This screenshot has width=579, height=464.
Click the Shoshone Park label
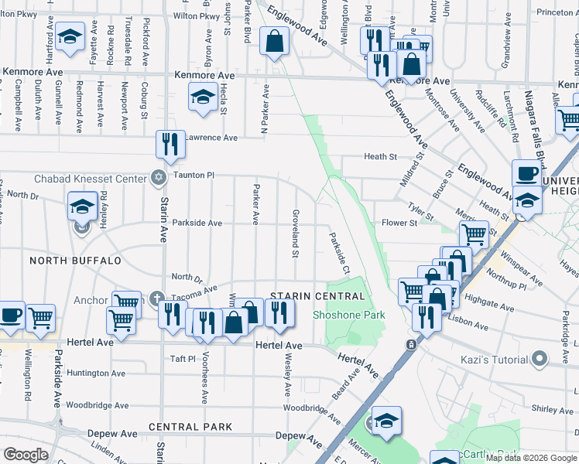(348, 315)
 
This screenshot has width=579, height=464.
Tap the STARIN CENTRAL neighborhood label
(317, 297)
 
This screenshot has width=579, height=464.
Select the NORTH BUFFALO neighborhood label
(75, 261)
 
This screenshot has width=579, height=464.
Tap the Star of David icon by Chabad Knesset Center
(158, 178)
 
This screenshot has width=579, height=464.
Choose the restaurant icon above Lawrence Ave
(170, 145)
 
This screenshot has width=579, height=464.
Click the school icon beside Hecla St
(203, 97)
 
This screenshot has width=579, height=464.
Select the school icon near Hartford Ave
(70, 36)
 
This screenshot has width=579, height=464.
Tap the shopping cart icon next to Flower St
(474, 233)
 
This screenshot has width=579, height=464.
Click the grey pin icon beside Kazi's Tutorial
(540, 358)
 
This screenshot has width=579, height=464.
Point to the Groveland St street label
(295, 233)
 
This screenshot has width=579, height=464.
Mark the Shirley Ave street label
(550, 408)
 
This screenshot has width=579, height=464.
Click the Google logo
(26, 455)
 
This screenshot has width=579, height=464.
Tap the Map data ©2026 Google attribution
(531, 457)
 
